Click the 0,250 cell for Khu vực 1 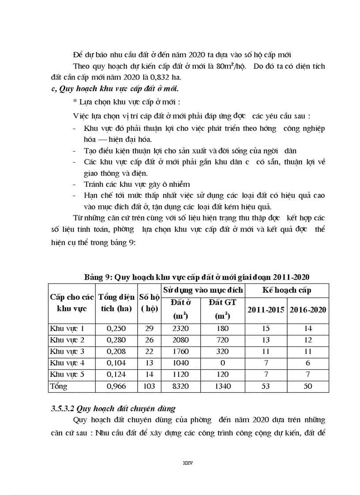[116, 328]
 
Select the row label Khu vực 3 [67, 351]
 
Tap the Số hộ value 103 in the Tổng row [149, 386]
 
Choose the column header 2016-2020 [308, 309]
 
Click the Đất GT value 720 [222, 340]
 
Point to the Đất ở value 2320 [181, 328]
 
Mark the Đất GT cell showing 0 [222, 363]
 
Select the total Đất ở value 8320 [181, 386]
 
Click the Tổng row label [59, 386]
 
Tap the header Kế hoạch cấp [287, 290]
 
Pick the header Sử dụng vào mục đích [203, 290]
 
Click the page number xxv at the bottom [188, 463]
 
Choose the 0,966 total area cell [116, 386]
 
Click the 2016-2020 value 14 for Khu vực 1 [308, 328]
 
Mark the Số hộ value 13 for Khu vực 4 [149, 363]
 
